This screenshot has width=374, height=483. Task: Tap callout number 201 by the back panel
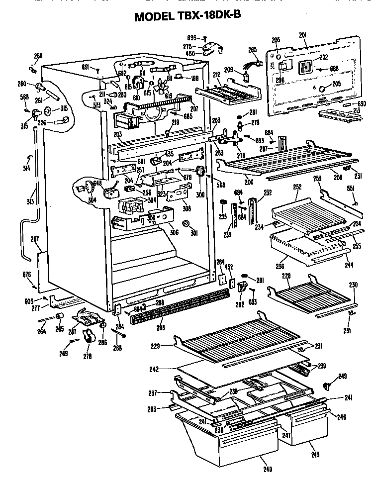303,34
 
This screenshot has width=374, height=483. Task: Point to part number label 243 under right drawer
315,455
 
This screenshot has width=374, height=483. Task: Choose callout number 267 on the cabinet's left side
35,239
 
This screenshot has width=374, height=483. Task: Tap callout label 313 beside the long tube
31,201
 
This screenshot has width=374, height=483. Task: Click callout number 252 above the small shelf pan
297,187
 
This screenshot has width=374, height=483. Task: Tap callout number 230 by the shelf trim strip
353,286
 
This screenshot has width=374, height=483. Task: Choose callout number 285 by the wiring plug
253,49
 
